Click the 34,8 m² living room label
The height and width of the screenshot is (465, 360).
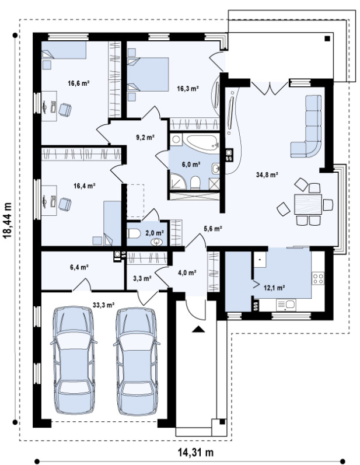(267, 174)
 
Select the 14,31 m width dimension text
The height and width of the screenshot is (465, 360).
(195, 453)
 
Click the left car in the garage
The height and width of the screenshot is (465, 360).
(74, 361)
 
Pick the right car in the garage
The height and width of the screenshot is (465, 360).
(136, 361)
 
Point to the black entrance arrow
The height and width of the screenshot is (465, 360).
(198, 329)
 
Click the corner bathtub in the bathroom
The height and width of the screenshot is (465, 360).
(201, 144)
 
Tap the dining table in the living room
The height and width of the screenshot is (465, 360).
(308, 204)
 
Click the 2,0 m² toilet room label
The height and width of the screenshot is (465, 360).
(155, 233)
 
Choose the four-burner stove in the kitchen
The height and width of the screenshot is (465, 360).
(318, 278)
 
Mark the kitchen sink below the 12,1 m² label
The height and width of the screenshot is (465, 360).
(286, 305)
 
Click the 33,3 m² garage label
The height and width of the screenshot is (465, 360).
(104, 305)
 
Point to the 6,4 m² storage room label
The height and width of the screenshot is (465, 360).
(79, 267)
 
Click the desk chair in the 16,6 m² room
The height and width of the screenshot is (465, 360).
(65, 110)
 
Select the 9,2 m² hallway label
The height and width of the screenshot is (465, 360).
(145, 137)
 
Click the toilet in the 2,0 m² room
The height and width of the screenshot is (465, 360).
(134, 233)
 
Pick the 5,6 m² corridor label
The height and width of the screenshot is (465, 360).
(213, 228)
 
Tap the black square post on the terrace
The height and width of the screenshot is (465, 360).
(327, 39)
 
